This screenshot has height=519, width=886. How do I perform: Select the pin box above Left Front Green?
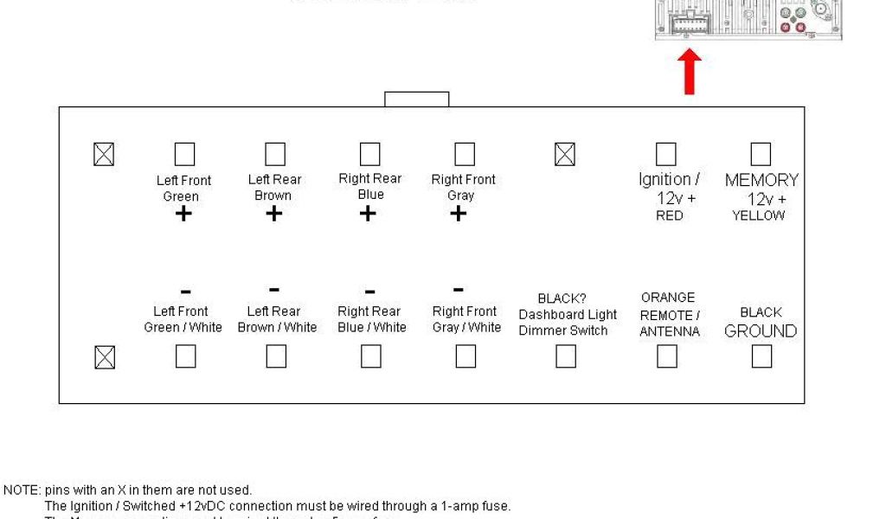(x=184, y=155)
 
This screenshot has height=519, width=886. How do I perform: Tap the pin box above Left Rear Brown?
(x=274, y=154)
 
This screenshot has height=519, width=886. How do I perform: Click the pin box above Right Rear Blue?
(x=369, y=154)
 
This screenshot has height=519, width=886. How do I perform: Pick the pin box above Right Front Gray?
(x=465, y=154)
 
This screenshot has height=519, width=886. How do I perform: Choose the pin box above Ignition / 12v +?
(x=665, y=154)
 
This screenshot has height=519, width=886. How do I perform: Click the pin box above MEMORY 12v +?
(x=761, y=154)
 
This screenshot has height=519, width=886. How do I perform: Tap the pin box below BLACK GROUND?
(x=761, y=356)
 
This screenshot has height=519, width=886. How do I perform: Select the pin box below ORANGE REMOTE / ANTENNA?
(x=666, y=356)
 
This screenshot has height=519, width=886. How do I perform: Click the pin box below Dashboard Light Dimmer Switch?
(x=566, y=356)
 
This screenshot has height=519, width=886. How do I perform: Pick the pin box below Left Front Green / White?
(x=185, y=356)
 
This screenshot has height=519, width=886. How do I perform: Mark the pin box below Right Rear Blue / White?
(x=370, y=356)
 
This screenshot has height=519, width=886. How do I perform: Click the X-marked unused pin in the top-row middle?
(x=564, y=155)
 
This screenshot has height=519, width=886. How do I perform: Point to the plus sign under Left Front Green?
(x=183, y=214)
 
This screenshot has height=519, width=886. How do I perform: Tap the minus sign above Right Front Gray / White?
(x=459, y=290)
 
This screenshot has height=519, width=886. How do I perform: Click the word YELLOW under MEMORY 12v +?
(x=758, y=216)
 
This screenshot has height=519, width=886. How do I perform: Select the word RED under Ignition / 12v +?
(x=669, y=216)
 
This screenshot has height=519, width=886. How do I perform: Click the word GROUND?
(x=761, y=331)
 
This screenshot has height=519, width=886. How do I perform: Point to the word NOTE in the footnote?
(x=21, y=490)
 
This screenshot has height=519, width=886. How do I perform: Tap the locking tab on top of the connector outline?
(x=416, y=99)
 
